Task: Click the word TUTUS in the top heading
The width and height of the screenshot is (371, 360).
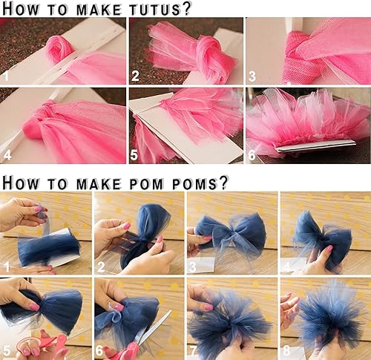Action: click(153, 9)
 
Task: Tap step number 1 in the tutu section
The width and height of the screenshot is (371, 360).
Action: click(7, 76)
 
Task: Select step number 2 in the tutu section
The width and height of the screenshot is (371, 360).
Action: click(135, 76)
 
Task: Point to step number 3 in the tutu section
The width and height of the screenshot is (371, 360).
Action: click(252, 76)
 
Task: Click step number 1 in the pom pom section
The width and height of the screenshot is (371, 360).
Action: click(7, 265)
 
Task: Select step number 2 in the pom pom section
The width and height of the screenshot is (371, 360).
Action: click(101, 265)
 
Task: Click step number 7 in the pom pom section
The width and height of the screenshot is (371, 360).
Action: click(194, 350)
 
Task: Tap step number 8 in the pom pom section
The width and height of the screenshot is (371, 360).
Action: click(287, 350)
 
